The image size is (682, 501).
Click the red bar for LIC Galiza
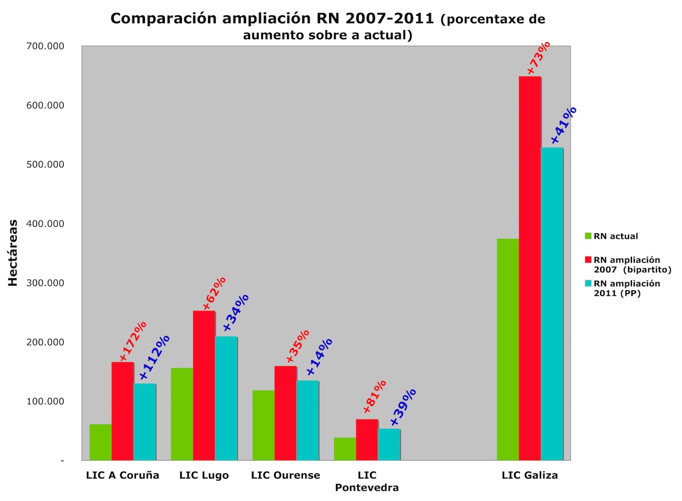530,267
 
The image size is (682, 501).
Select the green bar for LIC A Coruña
101,442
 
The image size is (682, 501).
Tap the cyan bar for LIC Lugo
226,398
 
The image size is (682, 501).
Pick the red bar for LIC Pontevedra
367,440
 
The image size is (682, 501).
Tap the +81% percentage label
375,396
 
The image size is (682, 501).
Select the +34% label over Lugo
235,312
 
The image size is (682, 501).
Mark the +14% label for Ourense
319,357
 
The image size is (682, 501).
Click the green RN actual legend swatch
588,236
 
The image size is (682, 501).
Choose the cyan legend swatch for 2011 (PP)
588,283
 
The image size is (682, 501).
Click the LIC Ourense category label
285,475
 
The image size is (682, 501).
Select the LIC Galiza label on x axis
530,475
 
